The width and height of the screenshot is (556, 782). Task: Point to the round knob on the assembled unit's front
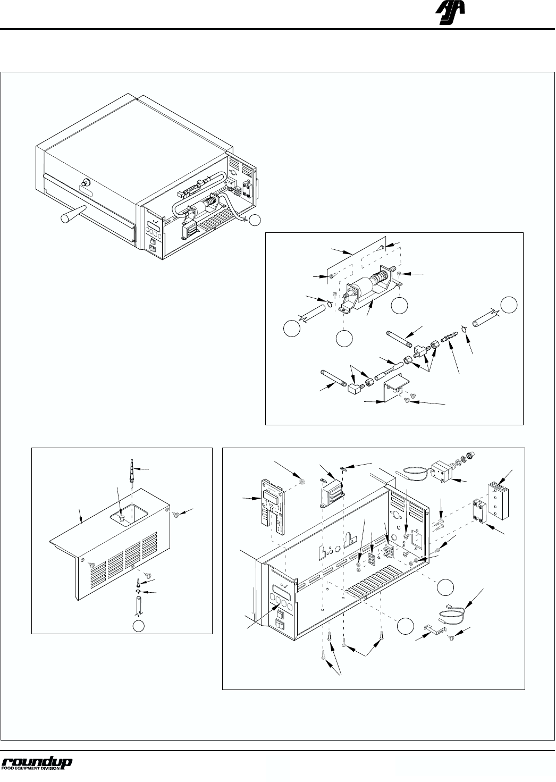pyautogui.click(x=85, y=182)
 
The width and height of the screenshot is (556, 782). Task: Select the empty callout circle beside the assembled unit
pyautogui.click(x=255, y=220)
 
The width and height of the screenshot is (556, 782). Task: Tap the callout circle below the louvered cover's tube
pyautogui.click(x=139, y=626)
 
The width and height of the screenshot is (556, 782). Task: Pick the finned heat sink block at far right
pyautogui.click(x=498, y=500)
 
